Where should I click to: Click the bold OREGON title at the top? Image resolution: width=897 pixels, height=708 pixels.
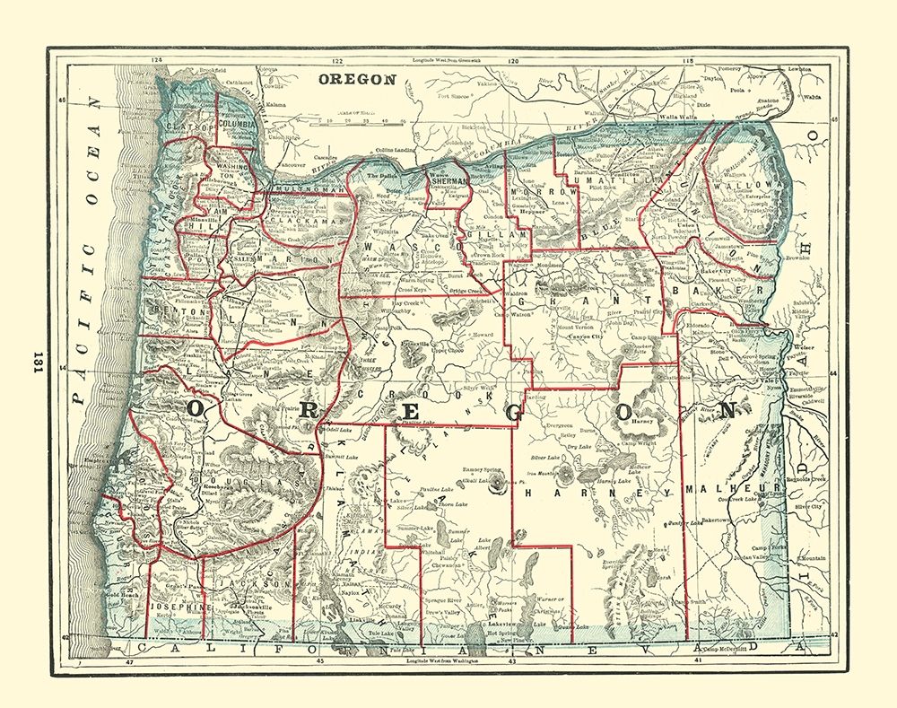[x=357, y=79]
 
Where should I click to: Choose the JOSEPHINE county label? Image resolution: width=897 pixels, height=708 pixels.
[x=179, y=607]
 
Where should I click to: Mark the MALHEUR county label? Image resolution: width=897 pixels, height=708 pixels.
[x=727, y=489]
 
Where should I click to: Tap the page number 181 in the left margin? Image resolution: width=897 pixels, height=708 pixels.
[x=38, y=360]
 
